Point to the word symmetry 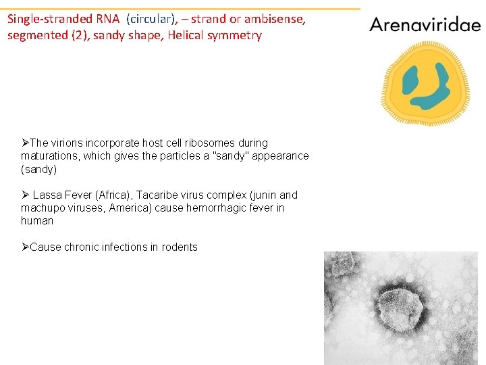[x=237, y=35]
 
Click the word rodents [x=178, y=247]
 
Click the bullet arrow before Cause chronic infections [x=25, y=247]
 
